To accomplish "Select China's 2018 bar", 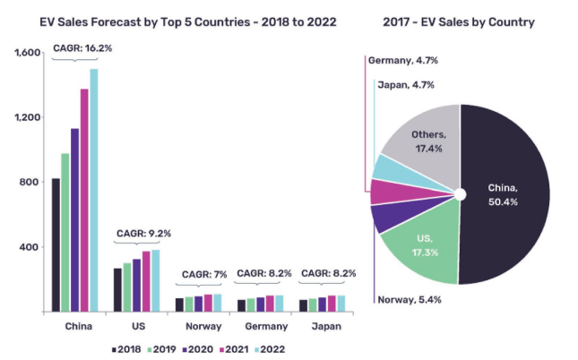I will pos(56,246).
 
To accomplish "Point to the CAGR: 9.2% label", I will pos(142,234).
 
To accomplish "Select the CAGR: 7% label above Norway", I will pos(205,273).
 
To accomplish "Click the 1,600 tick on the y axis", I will pos(28,54).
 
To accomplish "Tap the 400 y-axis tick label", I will pos(31,247).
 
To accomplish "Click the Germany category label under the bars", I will pos(265,326).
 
